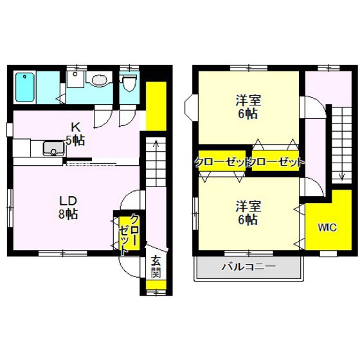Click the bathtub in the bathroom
25,87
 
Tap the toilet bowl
129,83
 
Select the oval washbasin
100,80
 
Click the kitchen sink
53,148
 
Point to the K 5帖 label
75,134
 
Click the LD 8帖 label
68,208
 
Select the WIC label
327,228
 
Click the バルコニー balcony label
249,267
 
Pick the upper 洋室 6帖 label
248,107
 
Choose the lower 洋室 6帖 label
248,213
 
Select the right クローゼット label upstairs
278,162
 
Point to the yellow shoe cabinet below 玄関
156,285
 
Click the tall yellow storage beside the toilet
156,106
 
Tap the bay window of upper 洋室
192,107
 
